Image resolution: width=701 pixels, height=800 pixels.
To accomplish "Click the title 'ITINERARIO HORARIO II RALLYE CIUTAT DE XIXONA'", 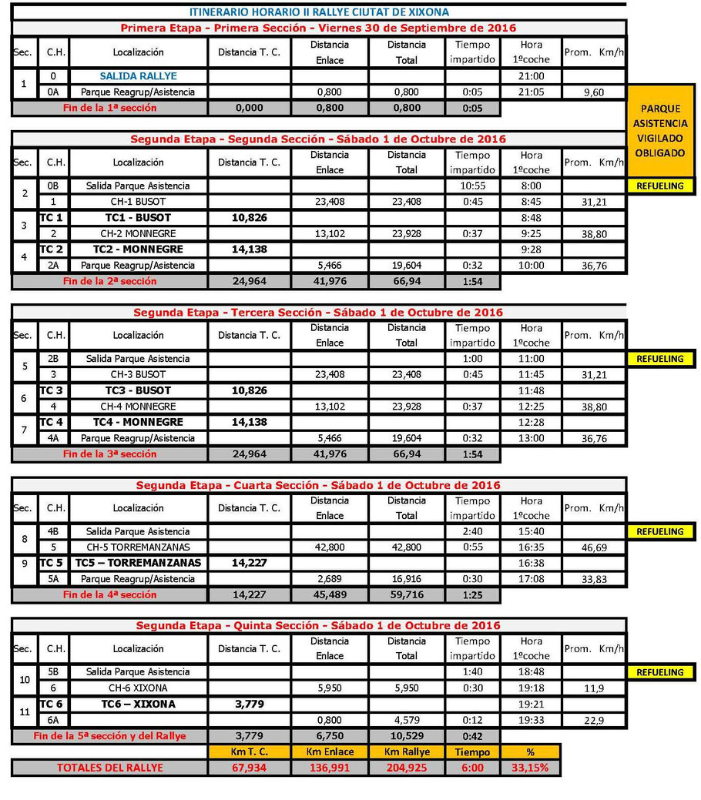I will click(319, 12).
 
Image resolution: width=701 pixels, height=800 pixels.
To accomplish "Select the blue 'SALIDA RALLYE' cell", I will click(138, 76).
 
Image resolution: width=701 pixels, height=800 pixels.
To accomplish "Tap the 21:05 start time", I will click(531, 92).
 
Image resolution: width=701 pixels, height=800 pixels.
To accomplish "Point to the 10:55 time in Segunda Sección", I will click(472, 186).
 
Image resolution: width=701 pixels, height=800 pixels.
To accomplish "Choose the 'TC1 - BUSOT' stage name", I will click(138, 218).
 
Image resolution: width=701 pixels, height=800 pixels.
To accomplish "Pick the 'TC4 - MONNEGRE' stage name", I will click(138, 422).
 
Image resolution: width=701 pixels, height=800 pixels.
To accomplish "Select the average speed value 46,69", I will click(593, 547).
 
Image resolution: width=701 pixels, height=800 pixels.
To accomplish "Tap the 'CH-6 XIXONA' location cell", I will click(138, 688).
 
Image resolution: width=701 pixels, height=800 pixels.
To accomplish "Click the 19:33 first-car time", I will click(531, 719).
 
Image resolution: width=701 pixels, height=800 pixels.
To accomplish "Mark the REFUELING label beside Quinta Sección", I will click(659, 672).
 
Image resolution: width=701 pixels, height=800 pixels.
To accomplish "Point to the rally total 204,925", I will click(406, 768).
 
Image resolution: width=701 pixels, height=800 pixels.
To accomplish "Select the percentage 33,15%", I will click(531, 768).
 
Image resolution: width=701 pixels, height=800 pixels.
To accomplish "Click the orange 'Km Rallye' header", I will click(406, 751).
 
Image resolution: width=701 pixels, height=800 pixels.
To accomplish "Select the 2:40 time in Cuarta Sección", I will click(472, 531).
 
